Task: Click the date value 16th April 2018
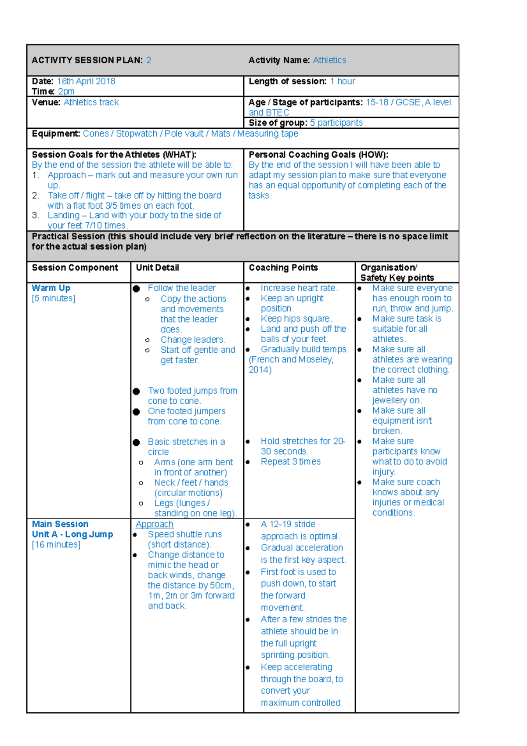pos(86,81)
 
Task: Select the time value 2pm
pos(66,91)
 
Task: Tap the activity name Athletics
pos(329,60)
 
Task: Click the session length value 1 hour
pos(343,81)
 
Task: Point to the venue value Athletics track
pos(91,102)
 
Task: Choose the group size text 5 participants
pos(336,123)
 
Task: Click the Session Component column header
pos(75,268)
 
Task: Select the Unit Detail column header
pos(157,268)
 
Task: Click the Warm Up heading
pos(51,288)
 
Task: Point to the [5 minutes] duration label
pos(53,298)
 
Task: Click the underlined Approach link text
pos(154,524)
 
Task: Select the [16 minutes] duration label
pos(56,545)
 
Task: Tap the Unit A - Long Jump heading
pos(72,534)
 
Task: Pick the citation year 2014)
pos(260,369)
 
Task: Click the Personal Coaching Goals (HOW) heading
pos(318,155)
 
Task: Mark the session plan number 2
pos(149,60)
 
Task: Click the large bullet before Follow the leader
pos(137,289)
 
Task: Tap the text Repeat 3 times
pos(291,462)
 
